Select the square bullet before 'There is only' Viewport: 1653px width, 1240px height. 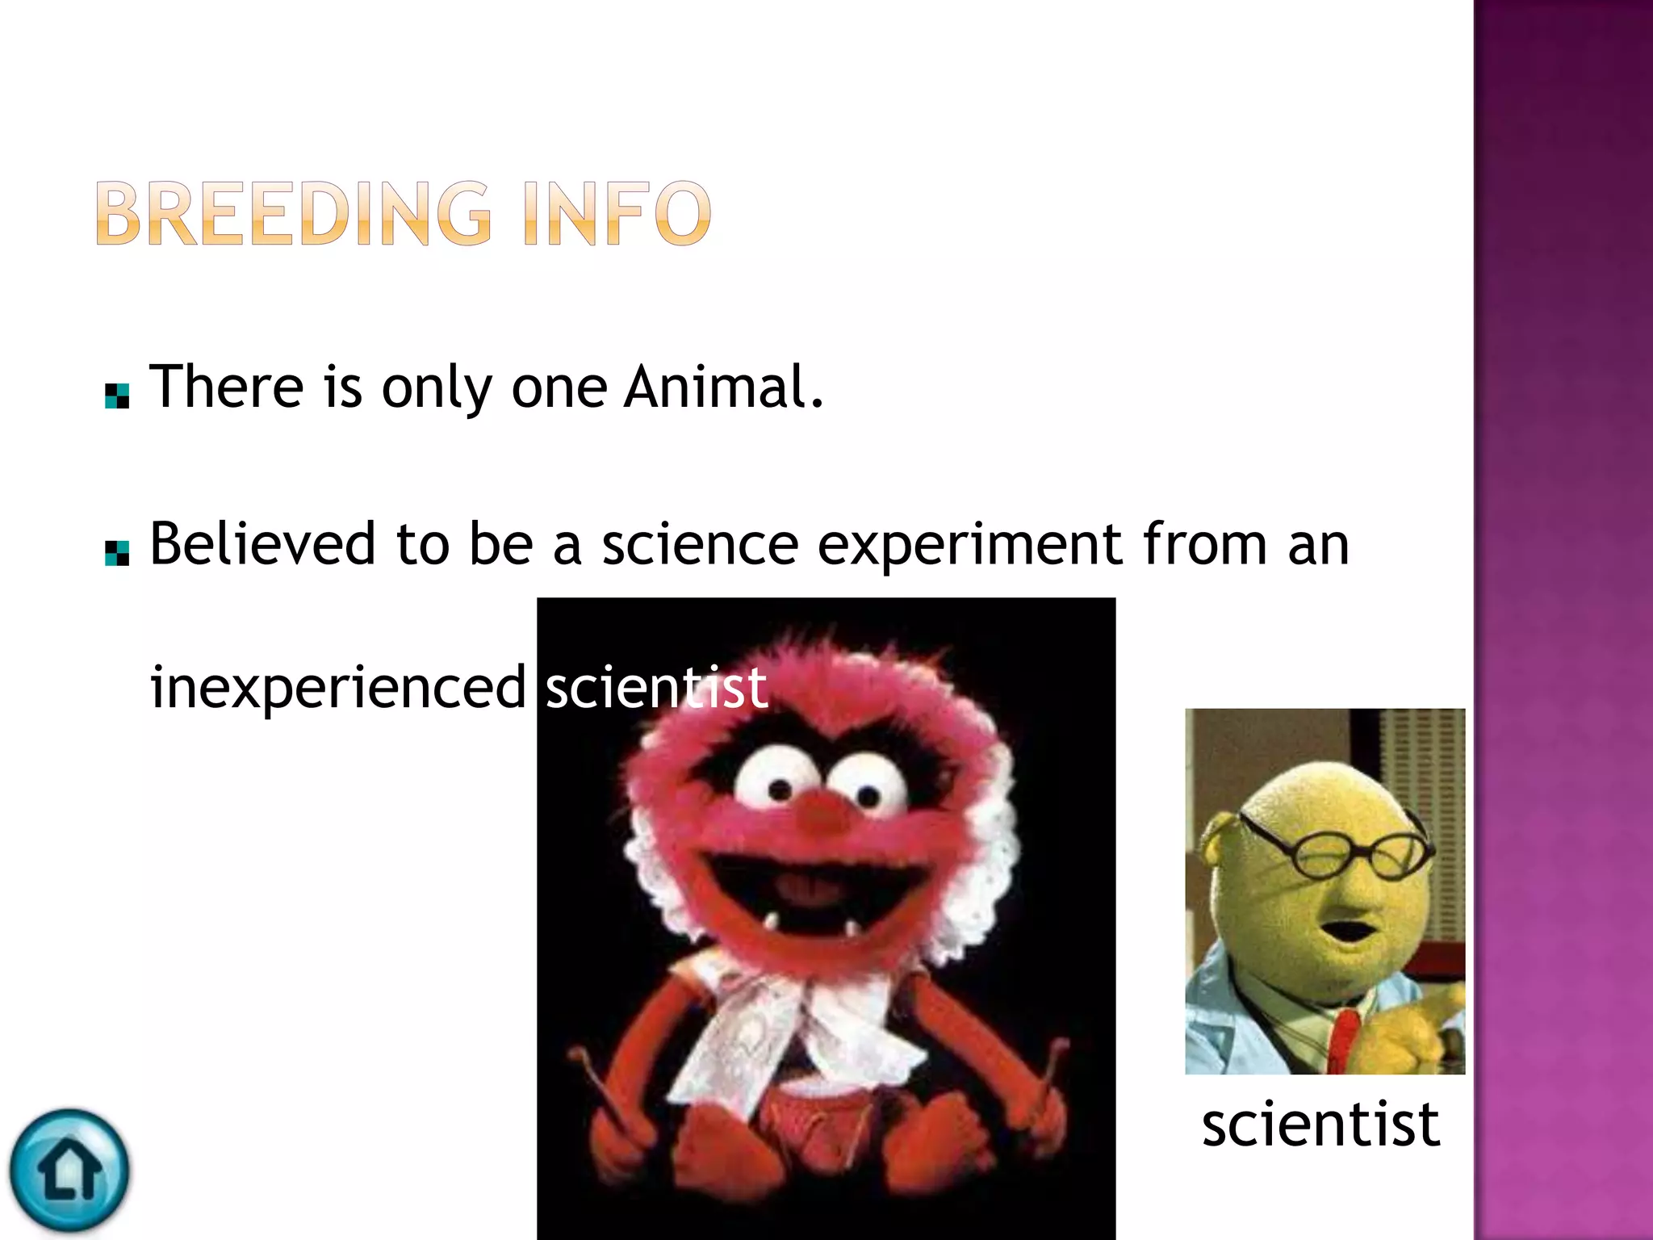[117, 396]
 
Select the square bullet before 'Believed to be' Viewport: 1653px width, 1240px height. [117, 553]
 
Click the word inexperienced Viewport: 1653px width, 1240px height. [338, 688]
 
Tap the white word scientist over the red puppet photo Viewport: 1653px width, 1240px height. [656, 688]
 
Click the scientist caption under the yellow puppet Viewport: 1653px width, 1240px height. [1320, 1124]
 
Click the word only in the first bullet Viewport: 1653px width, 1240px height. [437, 387]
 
